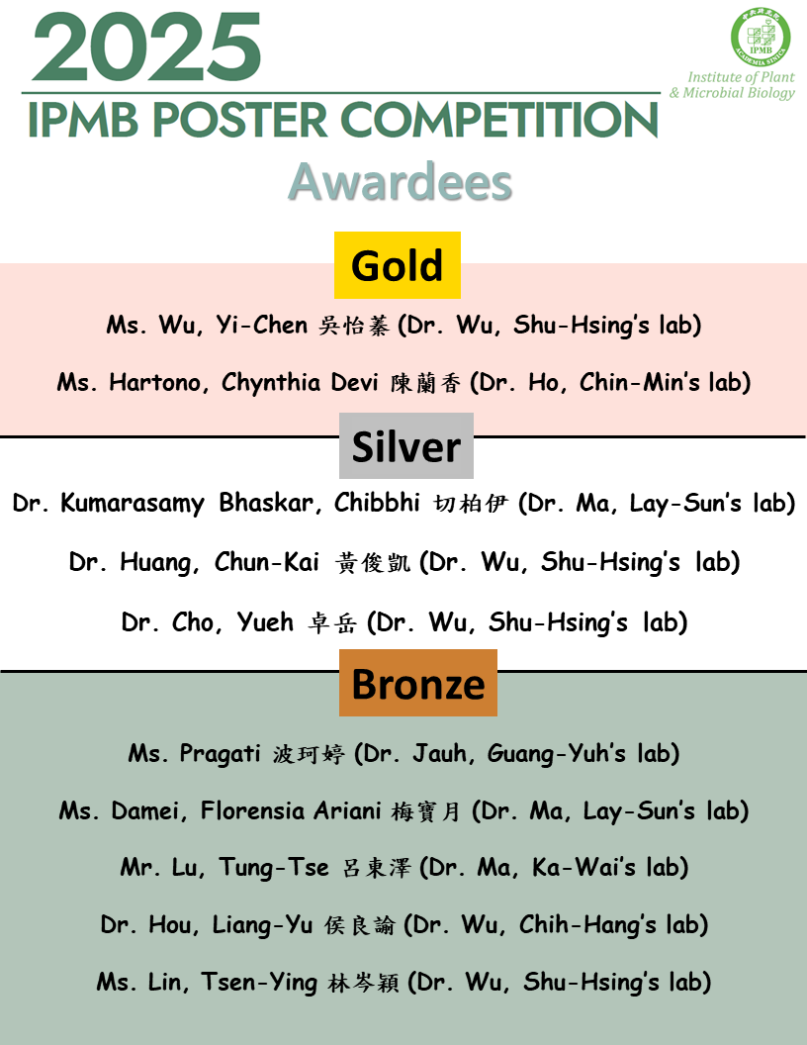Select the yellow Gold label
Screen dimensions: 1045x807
click(x=397, y=265)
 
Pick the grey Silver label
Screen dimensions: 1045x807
click(x=405, y=446)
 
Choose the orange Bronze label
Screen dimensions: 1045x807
click(x=417, y=683)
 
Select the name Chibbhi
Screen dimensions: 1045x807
click(x=381, y=503)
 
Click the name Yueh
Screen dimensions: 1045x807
click(x=265, y=621)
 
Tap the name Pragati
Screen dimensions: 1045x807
click(x=221, y=754)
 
